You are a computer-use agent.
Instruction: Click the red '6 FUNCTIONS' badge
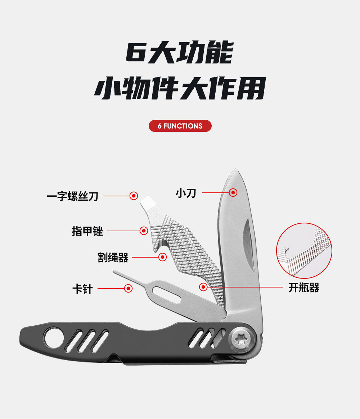point(180,126)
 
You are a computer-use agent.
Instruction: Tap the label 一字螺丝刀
point(72,196)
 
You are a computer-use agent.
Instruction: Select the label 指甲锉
point(87,231)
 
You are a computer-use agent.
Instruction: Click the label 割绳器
point(113,257)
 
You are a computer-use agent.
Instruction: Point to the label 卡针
point(82,289)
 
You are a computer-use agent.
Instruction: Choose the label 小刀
point(186,193)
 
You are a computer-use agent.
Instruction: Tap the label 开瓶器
point(303,287)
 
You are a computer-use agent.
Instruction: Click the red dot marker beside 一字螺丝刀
point(134,196)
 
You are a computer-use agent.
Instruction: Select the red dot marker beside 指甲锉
point(144,231)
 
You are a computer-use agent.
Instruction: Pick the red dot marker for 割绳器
point(163,257)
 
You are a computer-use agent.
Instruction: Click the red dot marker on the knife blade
point(233,192)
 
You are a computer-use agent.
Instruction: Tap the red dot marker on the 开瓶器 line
point(203,287)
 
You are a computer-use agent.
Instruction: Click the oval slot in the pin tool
point(167,294)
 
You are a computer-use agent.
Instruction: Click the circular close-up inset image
point(304,250)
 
